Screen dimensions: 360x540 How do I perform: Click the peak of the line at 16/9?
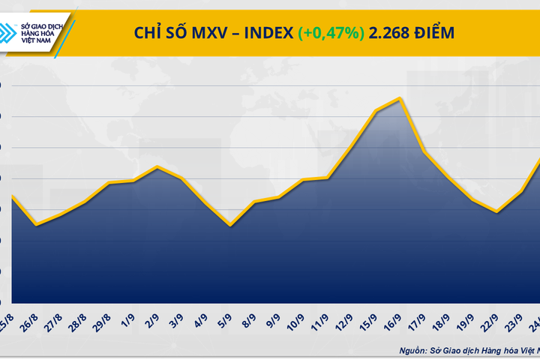(401, 98)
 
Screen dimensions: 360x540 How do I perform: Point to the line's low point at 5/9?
(230, 225)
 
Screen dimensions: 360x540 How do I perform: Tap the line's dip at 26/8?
(37, 224)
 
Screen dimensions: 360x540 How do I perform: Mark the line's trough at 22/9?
(497, 212)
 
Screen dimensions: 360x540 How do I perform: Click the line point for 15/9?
(376, 111)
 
